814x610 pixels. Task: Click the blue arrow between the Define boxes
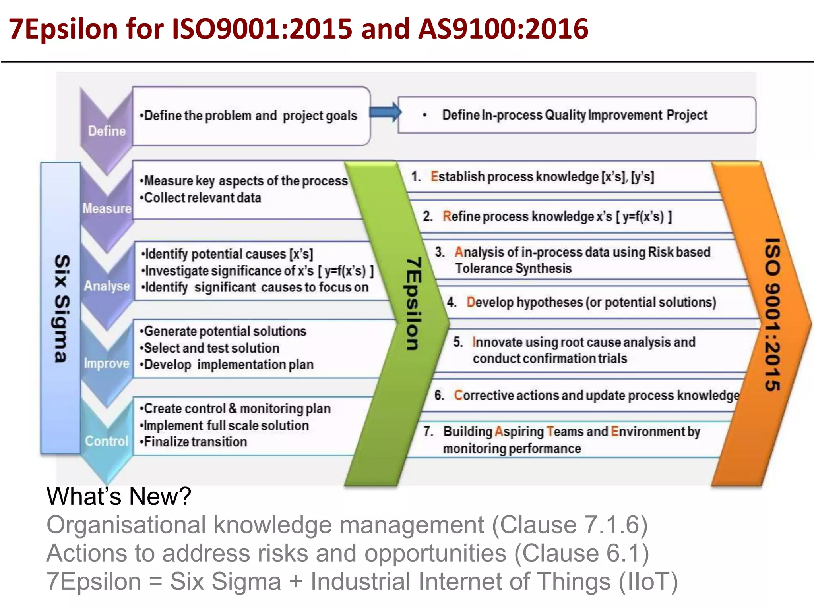385,112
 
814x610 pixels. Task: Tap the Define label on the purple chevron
107,131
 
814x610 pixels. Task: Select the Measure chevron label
107,208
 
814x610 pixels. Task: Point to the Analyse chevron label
107,286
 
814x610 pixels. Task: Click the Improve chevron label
107,363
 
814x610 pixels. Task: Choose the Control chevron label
107,441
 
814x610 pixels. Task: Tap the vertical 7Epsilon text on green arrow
413,304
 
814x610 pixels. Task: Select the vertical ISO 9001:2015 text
772,314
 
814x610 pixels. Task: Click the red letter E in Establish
434,176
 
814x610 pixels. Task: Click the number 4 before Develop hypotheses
451,302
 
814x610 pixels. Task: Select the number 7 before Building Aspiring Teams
428,431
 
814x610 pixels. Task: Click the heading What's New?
119,496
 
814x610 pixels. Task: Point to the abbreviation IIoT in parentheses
648,581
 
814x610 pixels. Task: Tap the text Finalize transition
195,442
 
